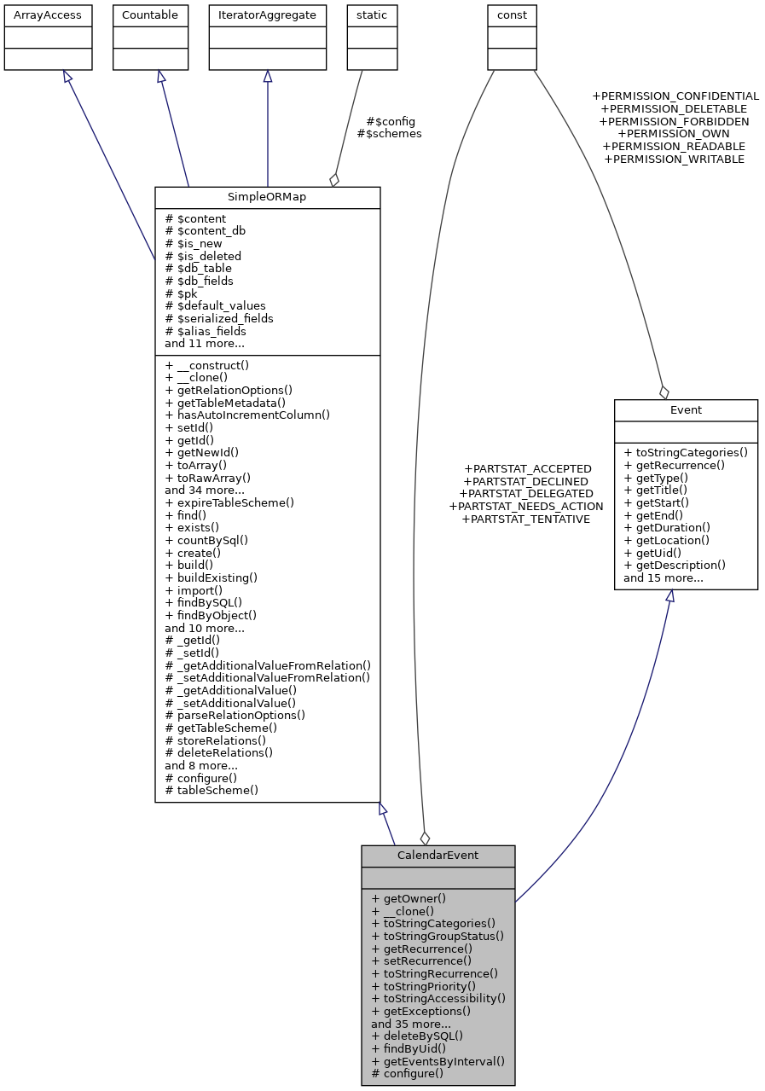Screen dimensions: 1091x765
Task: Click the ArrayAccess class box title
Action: (43, 15)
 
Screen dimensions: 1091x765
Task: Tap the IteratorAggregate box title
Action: (267, 15)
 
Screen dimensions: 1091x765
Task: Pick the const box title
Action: (512, 15)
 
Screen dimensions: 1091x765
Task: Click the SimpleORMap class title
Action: (267, 196)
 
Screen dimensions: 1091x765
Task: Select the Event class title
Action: (686, 409)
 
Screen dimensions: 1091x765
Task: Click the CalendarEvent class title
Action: (438, 855)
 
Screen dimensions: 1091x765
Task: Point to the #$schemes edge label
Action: (389, 134)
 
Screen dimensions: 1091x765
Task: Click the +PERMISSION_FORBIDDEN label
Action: (674, 122)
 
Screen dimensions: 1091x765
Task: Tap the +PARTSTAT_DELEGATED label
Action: (526, 494)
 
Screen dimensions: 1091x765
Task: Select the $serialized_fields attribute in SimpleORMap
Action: (219, 318)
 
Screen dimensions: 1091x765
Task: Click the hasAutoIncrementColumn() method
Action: (247, 415)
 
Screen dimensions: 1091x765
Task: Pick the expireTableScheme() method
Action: (229, 502)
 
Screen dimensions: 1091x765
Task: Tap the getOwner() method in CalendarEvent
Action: (409, 898)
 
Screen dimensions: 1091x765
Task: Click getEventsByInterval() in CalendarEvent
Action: (438, 1061)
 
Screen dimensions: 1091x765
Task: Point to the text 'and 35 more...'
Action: (411, 1024)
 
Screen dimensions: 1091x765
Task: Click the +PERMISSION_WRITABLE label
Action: (674, 159)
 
